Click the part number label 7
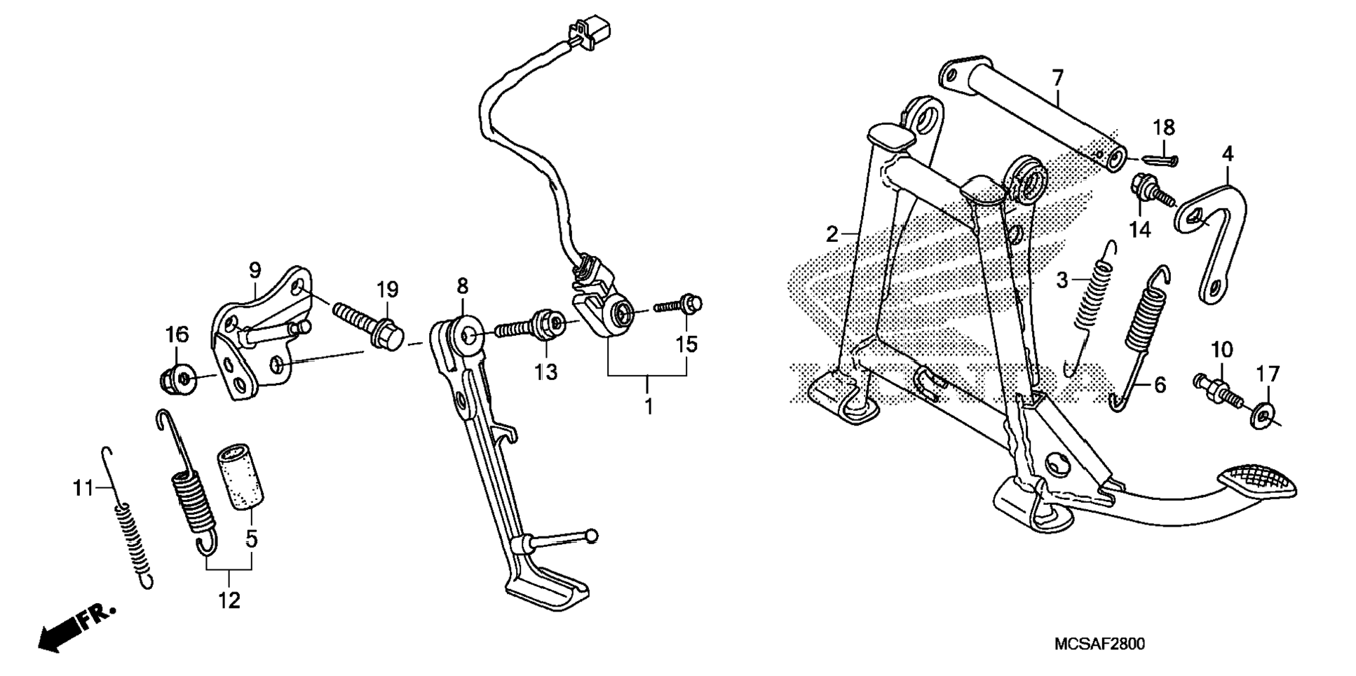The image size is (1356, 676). [x=1057, y=77]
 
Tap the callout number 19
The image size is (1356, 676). [x=387, y=289]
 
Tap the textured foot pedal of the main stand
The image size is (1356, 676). [x=1257, y=480]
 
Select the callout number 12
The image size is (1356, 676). [x=229, y=600]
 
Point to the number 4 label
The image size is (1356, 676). [x=1228, y=154]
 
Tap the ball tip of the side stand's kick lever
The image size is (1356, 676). [x=593, y=536]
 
